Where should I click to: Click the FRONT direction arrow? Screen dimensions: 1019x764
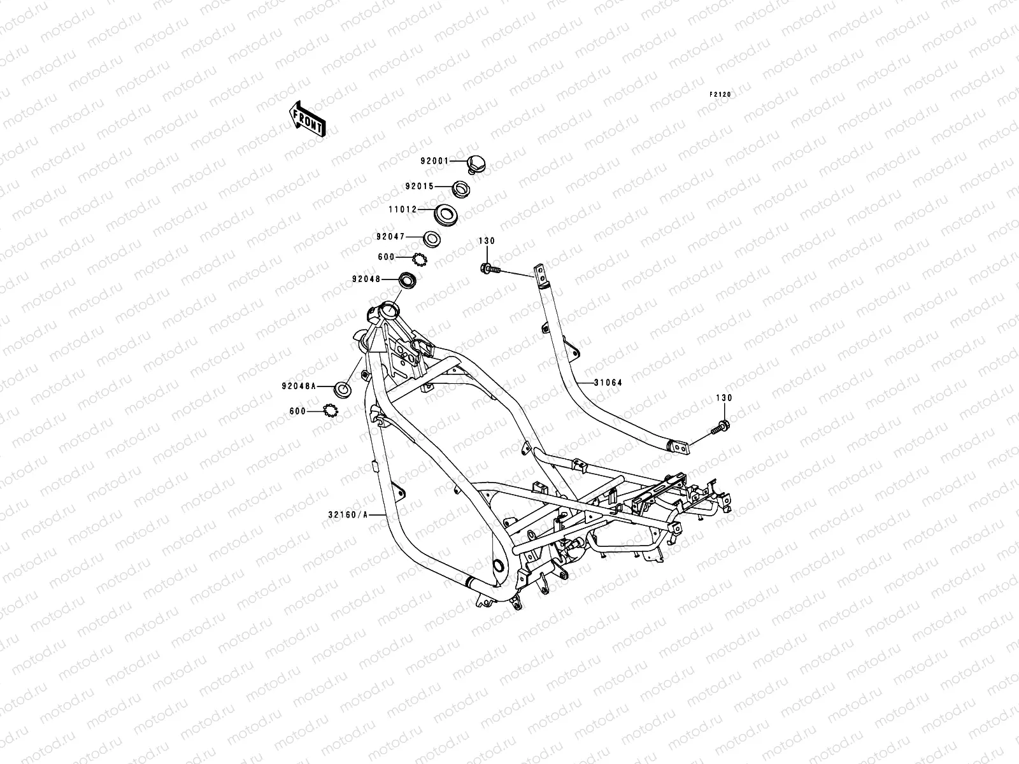[x=307, y=119]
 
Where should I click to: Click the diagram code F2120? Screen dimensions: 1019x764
[x=720, y=95]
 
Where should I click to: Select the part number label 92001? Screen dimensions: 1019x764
[x=434, y=161]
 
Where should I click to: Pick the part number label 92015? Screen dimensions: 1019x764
[x=419, y=186]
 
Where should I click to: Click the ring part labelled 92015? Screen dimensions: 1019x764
[x=461, y=189]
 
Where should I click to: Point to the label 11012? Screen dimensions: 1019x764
[x=403, y=209]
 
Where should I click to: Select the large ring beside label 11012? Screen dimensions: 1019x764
[x=445, y=215]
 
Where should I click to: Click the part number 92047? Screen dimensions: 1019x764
[x=390, y=237]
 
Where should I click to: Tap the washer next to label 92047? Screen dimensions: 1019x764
[x=432, y=239]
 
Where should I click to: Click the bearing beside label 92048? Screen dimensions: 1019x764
[x=408, y=279]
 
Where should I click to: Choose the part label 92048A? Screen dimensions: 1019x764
[x=299, y=386]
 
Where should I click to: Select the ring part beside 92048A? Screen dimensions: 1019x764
[x=343, y=389]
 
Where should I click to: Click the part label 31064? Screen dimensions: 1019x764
[x=608, y=383]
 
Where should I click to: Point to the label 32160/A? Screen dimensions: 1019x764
[x=348, y=514]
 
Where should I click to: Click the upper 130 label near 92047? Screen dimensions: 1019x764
[x=487, y=241]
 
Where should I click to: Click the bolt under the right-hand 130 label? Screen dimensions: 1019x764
[x=720, y=427]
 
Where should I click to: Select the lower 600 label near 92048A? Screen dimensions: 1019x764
[x=297, y=411]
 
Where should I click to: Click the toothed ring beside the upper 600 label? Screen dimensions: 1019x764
[x=420, y=260]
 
